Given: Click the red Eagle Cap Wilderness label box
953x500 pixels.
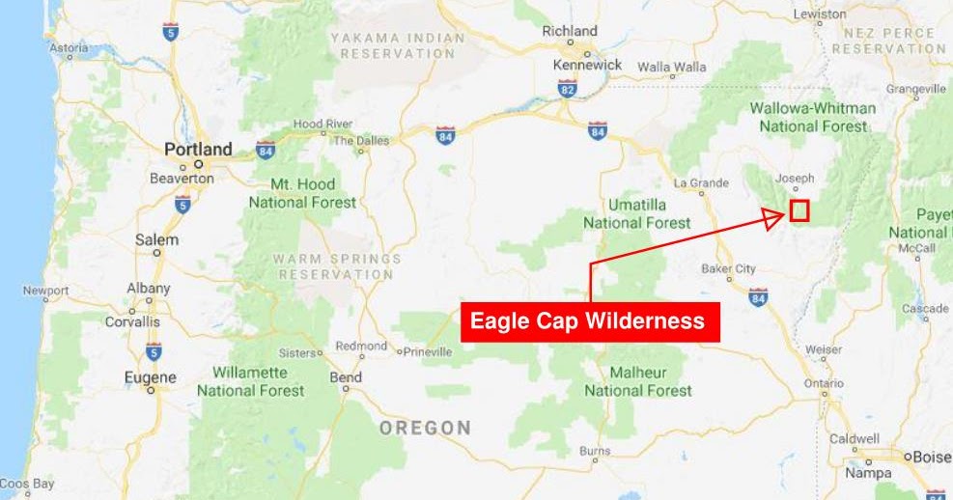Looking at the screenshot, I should click(x=590, y=321).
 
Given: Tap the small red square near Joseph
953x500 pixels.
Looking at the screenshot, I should click(x=799, y=210).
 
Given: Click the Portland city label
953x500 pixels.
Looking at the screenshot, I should click(x=198, y=150).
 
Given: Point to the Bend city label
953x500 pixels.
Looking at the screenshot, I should click(x=346, y=377).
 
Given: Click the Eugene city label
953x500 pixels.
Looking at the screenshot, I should click(x=150, y=377).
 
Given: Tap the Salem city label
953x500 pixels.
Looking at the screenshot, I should click(x=156, y=239).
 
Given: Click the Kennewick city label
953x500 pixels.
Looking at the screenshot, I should click(x=586, y=66).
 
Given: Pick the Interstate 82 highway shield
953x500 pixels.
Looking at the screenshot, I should click(x=567, y=89).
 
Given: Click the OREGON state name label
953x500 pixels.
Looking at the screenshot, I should click(x=425, y=428).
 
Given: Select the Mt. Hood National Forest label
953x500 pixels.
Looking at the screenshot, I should click(x=302, y=193).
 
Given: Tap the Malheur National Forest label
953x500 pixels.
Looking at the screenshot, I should click(x=638, y=381).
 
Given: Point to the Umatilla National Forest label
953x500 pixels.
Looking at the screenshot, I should click(x=637, y=214).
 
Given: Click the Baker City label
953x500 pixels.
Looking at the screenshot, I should click(x=728, y=268).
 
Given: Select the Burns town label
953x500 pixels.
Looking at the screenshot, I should click(x=595, y=451).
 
